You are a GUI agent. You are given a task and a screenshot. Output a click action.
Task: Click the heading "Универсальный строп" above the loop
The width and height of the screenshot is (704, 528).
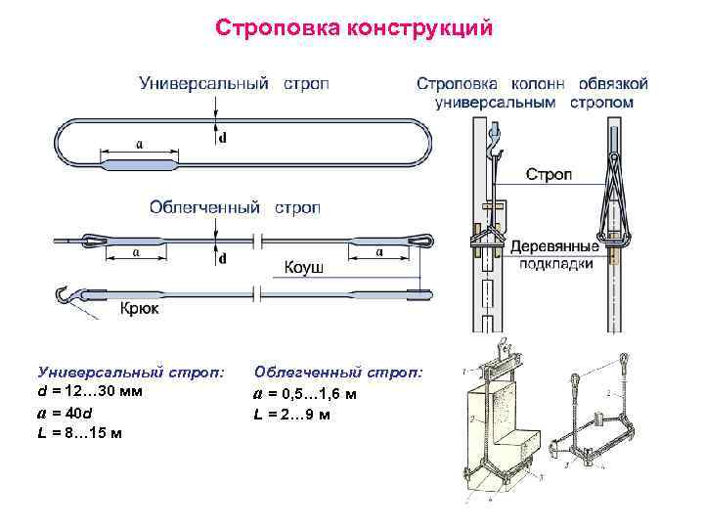[x=234, y=83]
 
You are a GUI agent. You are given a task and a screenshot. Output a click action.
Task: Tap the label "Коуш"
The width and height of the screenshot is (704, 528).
[x=303, y=267]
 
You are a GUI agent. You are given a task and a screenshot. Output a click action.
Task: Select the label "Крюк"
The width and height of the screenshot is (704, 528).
[x=139, y=309]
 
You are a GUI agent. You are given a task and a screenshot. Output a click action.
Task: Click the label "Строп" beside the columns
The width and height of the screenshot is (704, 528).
[x=550, y=175]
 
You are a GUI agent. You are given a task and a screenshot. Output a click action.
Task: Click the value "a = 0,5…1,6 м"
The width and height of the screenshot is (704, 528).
[x=305, y=394]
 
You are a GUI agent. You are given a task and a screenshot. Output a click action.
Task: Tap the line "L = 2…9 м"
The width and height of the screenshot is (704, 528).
[x=292, y=415]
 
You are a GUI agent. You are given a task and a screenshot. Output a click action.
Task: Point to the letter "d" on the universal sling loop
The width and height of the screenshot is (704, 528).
[x=222, y=137]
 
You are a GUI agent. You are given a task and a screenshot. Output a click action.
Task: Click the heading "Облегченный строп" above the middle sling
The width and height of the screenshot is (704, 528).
[x=234, y=207]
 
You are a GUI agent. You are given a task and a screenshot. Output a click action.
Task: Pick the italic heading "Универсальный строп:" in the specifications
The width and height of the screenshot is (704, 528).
[x=129, y=372]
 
